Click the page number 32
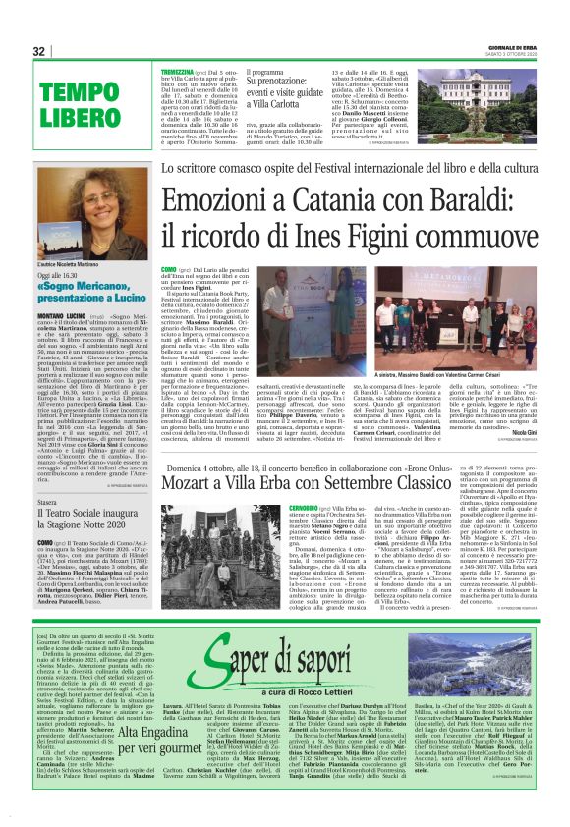coord(39,51)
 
